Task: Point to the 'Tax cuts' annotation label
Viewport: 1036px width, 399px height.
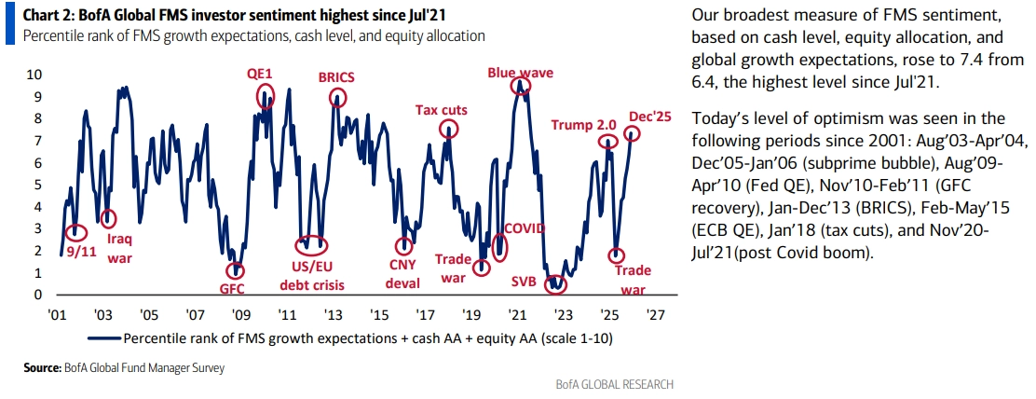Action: [441, 110]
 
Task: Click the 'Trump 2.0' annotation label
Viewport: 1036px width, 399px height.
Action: [585, 125]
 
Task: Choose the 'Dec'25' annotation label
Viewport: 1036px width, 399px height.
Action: [649, 117]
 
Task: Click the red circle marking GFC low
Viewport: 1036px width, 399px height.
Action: [237, 269]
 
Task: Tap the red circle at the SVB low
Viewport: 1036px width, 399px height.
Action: [555, 282]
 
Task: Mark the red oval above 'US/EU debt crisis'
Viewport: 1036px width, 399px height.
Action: [311, 245]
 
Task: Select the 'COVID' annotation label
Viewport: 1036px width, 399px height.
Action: [524, 227]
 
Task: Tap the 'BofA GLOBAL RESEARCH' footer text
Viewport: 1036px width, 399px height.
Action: [615, 385]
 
